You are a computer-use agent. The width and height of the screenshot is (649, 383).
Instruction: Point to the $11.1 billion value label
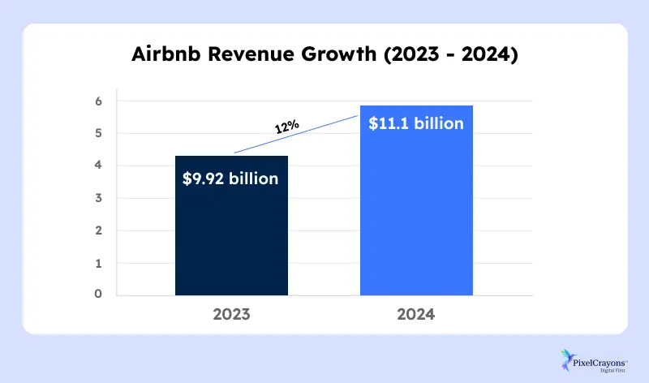[x=416, y=124]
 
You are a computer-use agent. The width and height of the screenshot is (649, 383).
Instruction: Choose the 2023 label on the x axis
[x=231, y=315]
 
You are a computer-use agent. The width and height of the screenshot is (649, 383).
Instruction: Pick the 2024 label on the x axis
[x=416, y=315]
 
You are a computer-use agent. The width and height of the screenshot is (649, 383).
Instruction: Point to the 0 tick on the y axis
[x=97, y=295]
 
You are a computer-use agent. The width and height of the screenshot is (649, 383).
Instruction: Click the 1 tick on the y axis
[x=97, y=264]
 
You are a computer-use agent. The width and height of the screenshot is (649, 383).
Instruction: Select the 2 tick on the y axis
[x=97, y=231]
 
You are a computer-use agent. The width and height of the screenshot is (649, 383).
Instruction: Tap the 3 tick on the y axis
[x=97, y=198]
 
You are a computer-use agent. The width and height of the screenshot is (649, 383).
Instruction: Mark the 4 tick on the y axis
[x=97, y=166]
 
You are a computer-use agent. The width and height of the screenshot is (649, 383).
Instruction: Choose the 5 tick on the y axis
[x=97, y=133]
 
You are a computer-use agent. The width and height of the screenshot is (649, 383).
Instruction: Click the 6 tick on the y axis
[x=97, y=101]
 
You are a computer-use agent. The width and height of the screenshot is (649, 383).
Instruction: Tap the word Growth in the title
[x=336, y=57]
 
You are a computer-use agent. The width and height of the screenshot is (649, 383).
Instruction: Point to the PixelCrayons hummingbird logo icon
[x=566, y=358]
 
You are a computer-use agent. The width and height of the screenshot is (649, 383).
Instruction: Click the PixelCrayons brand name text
[x=601, y=355]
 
